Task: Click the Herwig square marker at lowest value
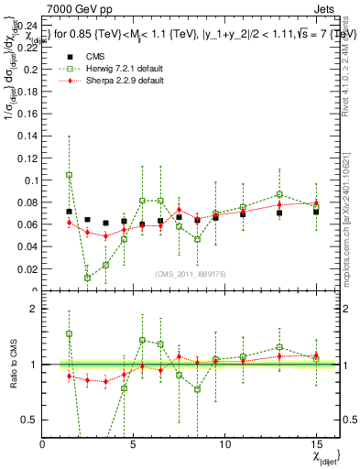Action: (x=88, y=278)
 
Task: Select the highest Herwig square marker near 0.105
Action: (x=70, y=175)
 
